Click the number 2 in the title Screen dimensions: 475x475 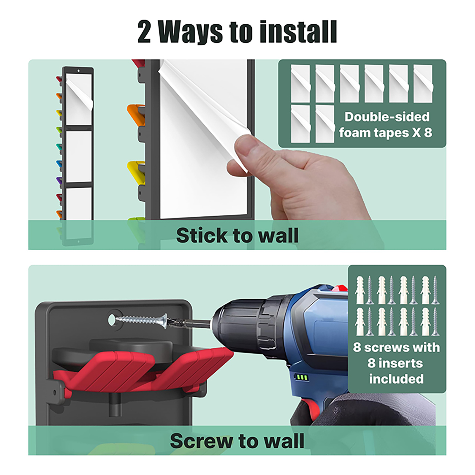[144, 32]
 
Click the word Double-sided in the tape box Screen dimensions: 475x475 [387, 117]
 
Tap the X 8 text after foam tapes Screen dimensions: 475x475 [422, 132]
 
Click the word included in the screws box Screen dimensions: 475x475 [396, 379]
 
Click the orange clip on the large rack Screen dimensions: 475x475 [136, 113]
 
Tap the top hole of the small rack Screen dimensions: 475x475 [78, 71]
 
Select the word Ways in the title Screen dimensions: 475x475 [190, 32]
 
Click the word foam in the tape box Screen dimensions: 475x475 [353, 132]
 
